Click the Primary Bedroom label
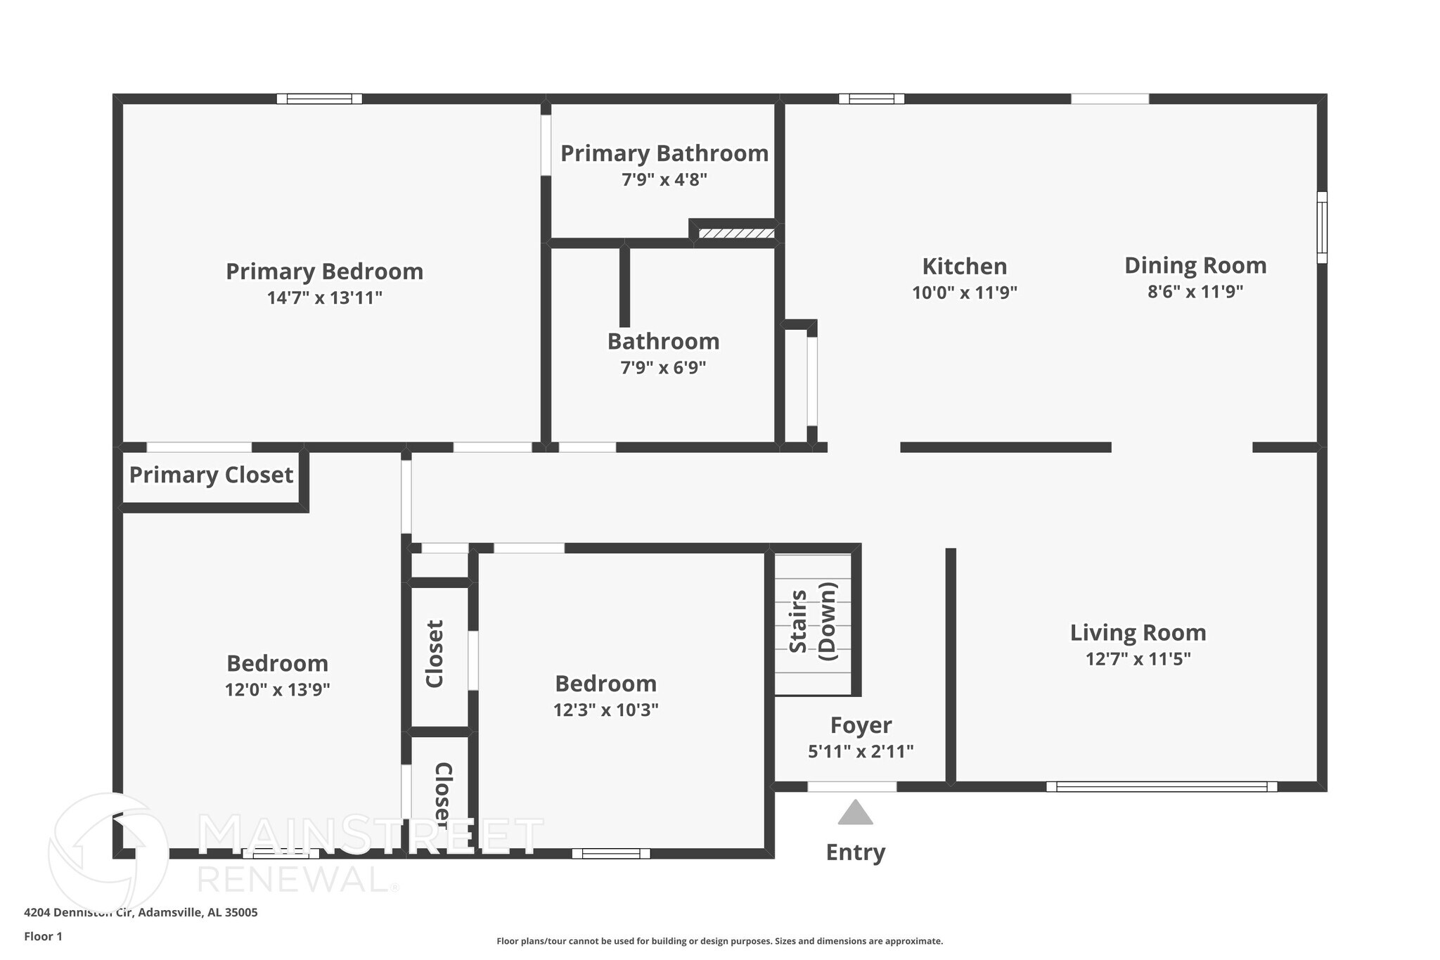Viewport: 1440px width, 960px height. [x=324, y=271]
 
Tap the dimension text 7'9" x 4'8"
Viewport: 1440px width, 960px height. [x=664, y=179]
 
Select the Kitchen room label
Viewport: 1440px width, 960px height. [x=964, y=267]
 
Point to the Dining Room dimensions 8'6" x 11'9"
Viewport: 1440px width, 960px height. [x=1195, y=291]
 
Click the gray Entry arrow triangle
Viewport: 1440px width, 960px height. [x=855, y=814]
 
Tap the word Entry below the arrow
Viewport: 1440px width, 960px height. [x=855, y=852]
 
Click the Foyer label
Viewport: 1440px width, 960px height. [x=861, y=725]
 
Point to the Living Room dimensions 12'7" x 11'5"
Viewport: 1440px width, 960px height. [x=1138, y=659]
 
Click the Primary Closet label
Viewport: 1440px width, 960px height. [x=211, y=475]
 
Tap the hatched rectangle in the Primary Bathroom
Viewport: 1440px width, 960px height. [x=736, y=233]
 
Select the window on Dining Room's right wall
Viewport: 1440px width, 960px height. [x=1321, y=227]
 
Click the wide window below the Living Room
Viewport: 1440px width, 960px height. [x=1161, y=786]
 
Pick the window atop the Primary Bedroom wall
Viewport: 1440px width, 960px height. [x=319, y=98]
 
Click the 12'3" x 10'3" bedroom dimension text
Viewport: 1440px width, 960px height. [x=605, y=710]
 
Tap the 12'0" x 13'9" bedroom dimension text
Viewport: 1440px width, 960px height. [x=277, y=689]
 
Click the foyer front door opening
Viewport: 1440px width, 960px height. [x=851, y=786]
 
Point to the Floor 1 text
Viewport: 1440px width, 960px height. [x=43, y=936]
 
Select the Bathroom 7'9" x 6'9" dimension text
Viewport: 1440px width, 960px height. [x=663, y=367]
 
